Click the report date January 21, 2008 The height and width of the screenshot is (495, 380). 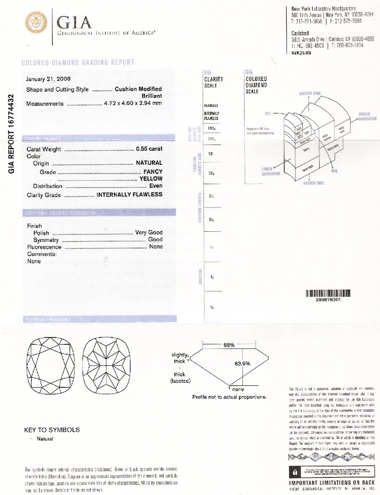(x=48, y=79)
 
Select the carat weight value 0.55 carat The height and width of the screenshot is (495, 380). (x=149, y=149)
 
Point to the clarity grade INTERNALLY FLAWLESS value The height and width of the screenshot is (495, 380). (x=129, y=194)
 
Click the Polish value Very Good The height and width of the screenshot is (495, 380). (x=148, y=233)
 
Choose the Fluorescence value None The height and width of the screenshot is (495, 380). (x=156, y=247)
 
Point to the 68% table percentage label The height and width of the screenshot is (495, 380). (x=229, y=345)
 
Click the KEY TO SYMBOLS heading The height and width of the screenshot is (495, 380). (x=52, y=430)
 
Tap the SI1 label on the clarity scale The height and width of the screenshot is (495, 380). (x=211, y=196)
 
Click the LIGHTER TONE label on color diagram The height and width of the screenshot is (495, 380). (x=312, y=94)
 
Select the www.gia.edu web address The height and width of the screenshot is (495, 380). (x=301, y=53)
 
